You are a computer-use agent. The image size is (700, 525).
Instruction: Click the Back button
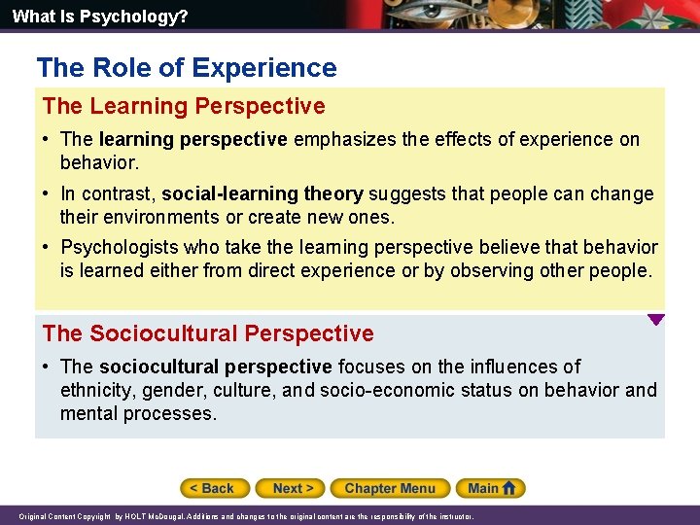(215, 488)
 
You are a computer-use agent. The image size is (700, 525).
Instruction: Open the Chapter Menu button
(389, 488)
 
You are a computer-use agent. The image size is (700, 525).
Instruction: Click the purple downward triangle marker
(656, 319)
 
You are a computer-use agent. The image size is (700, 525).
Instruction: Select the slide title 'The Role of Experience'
(187, 68)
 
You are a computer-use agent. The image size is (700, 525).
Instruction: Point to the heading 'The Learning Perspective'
(184, 106)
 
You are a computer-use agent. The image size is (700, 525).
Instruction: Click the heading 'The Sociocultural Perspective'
(208, 333)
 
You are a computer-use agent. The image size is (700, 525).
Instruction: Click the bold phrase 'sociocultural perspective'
(215, 367)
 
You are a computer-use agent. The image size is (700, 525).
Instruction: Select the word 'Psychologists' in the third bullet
(118, 248)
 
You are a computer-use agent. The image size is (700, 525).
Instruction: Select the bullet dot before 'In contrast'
(47, 193)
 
